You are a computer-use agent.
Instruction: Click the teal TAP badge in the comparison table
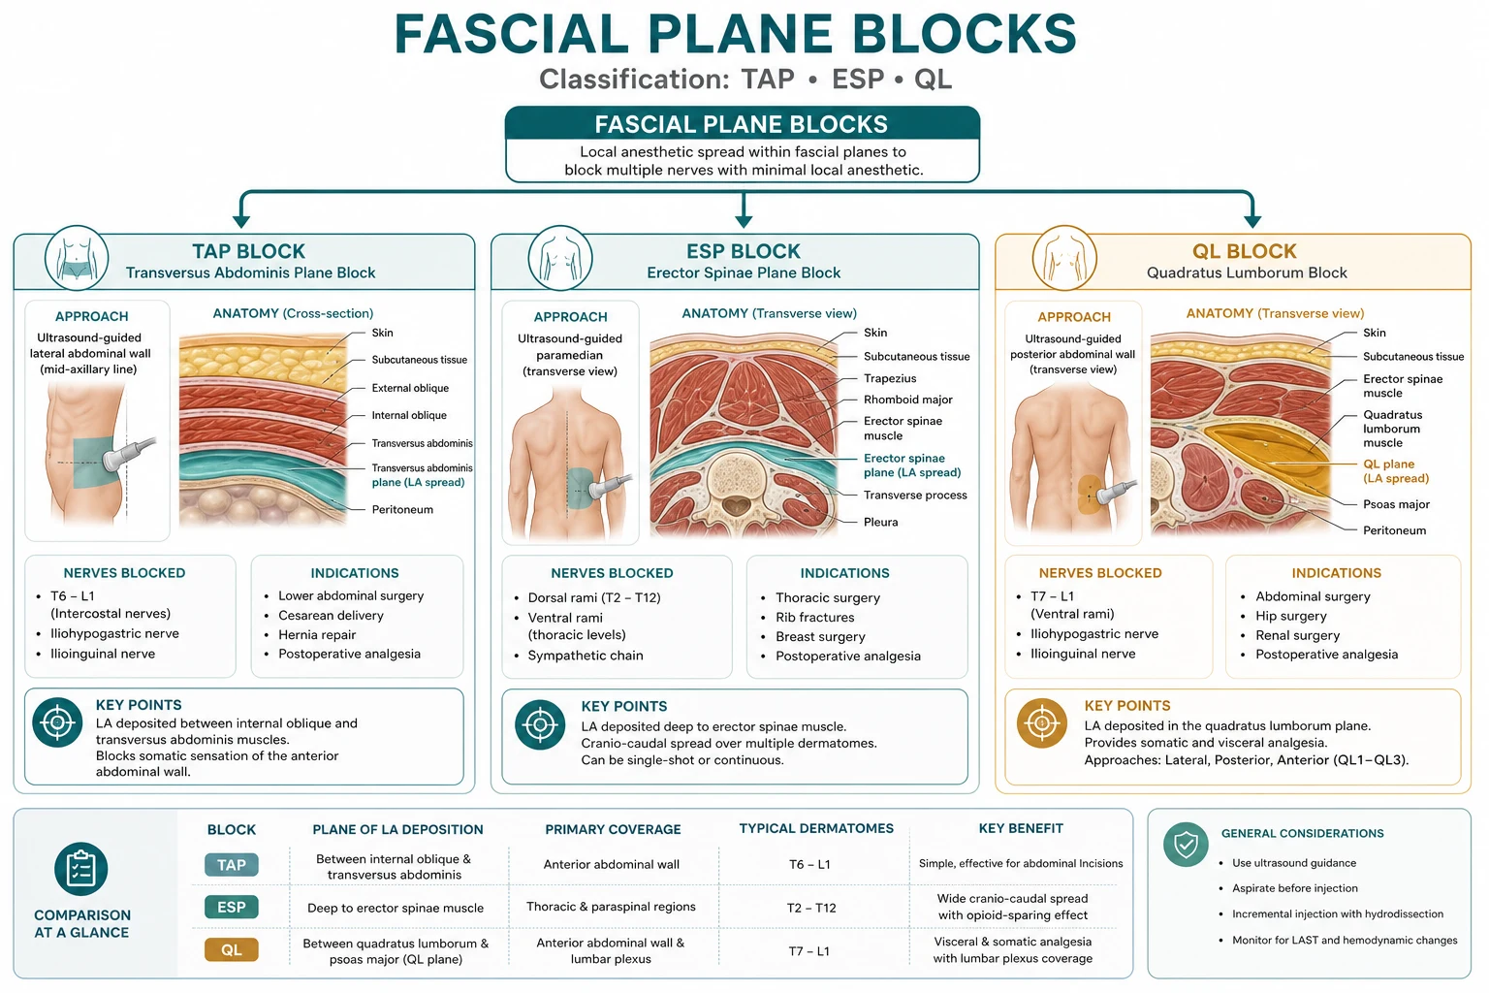(232, 865)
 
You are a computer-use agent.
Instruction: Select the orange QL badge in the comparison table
(232, 949)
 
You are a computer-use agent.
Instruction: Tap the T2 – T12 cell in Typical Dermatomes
(811, 908)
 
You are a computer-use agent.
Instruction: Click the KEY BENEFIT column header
(1021, 828)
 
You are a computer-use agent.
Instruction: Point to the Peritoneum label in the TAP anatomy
(402, 509)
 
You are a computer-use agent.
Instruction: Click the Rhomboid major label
(908, 400)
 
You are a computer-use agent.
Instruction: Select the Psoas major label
(1396, 504)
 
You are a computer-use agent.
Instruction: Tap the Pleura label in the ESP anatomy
(881, 522)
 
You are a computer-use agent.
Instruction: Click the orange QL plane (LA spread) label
(1395, 471)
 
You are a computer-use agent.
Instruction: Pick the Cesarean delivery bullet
(331, 615)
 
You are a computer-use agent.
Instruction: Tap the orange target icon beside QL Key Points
(1042, 723)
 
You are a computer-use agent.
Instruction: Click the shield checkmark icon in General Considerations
(1186, 845)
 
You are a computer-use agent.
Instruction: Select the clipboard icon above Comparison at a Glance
(81, 869)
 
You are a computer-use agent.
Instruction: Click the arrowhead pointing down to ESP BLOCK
(744, 221)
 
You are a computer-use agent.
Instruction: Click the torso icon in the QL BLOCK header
(1064, 258)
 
